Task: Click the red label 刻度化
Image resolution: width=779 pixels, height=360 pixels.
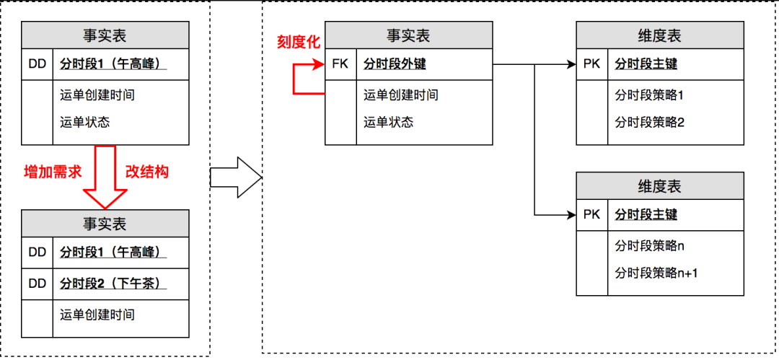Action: (x=299, y=42)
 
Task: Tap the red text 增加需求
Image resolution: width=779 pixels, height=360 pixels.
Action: (x=53, y=172)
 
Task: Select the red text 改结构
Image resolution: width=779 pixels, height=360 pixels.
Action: (x=148, y=172)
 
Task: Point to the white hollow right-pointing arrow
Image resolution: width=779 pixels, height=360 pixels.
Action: (x=237, y=177)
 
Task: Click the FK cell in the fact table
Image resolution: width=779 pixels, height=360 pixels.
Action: (x=340, y=64)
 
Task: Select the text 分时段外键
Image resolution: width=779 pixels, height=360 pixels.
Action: (x=395, y=64)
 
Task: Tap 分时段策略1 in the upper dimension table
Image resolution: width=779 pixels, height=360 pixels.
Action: (x=649, y=95)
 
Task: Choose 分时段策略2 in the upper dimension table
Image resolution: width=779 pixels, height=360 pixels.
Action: (x=649, y=123)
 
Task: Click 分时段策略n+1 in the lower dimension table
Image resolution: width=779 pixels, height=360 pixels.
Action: (x=656, y=273)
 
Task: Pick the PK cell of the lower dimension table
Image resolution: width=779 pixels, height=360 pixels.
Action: (x=591, y=215)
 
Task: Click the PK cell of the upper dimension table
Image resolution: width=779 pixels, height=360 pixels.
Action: (x=591, y=64)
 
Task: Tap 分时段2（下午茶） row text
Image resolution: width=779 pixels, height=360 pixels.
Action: (x=113, y=284)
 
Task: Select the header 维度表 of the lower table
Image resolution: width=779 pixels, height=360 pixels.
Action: (x=659, y=186)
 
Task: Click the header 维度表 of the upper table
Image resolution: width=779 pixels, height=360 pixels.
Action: (x=659, y=36)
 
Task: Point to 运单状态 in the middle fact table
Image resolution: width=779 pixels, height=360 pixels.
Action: (x=389, y=123)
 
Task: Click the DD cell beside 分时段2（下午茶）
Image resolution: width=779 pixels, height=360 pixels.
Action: (x=38, y=284)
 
